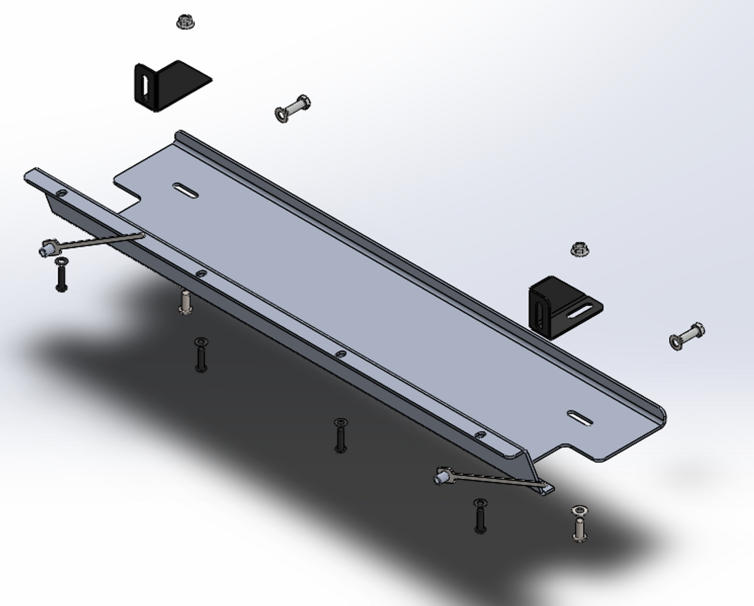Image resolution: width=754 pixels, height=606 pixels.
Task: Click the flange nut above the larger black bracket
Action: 186,22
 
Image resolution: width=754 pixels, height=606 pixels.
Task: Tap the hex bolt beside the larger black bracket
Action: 292,108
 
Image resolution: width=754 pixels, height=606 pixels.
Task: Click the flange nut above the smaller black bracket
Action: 581,249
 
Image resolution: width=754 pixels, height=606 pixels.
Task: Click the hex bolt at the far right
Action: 687,336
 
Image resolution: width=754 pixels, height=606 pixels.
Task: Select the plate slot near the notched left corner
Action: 186,190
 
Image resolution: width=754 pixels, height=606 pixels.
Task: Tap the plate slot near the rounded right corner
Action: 581,418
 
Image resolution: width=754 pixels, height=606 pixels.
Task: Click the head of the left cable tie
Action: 48,249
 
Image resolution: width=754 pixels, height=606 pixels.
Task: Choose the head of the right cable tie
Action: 443,476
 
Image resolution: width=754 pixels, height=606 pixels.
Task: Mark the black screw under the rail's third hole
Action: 340,435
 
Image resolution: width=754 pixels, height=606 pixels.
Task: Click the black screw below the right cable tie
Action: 481,516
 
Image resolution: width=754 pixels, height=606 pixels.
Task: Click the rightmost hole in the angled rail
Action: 481,435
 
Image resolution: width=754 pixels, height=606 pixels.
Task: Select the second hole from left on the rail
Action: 201,273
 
